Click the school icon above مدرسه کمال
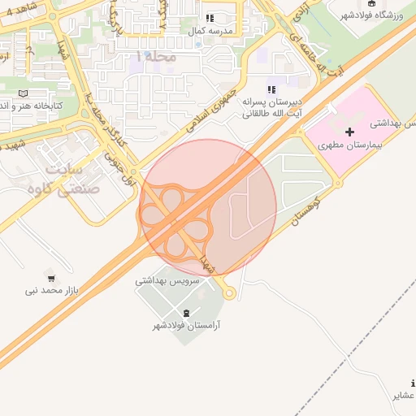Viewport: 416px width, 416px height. pos(210,17)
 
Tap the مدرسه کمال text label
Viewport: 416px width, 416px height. pos(210,30)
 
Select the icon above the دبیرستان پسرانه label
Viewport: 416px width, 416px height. pos(271,89)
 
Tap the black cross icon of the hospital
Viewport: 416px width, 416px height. pos(350,131)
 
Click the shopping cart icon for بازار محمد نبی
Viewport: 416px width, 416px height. pos(51,277)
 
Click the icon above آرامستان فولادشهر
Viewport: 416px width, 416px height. pos(187,314)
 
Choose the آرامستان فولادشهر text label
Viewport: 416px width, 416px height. pos(187,326)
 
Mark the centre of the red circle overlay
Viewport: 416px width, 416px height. pos(208,208)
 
